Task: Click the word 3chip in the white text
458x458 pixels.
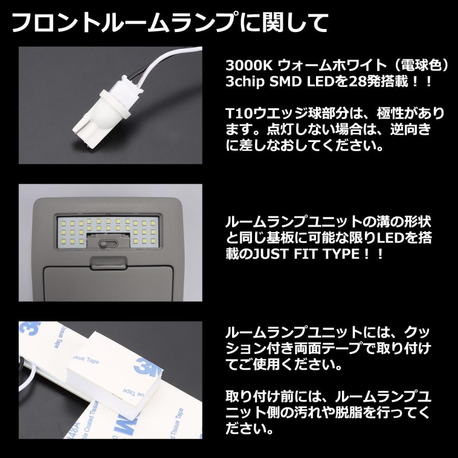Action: click(x=247, y=81)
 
